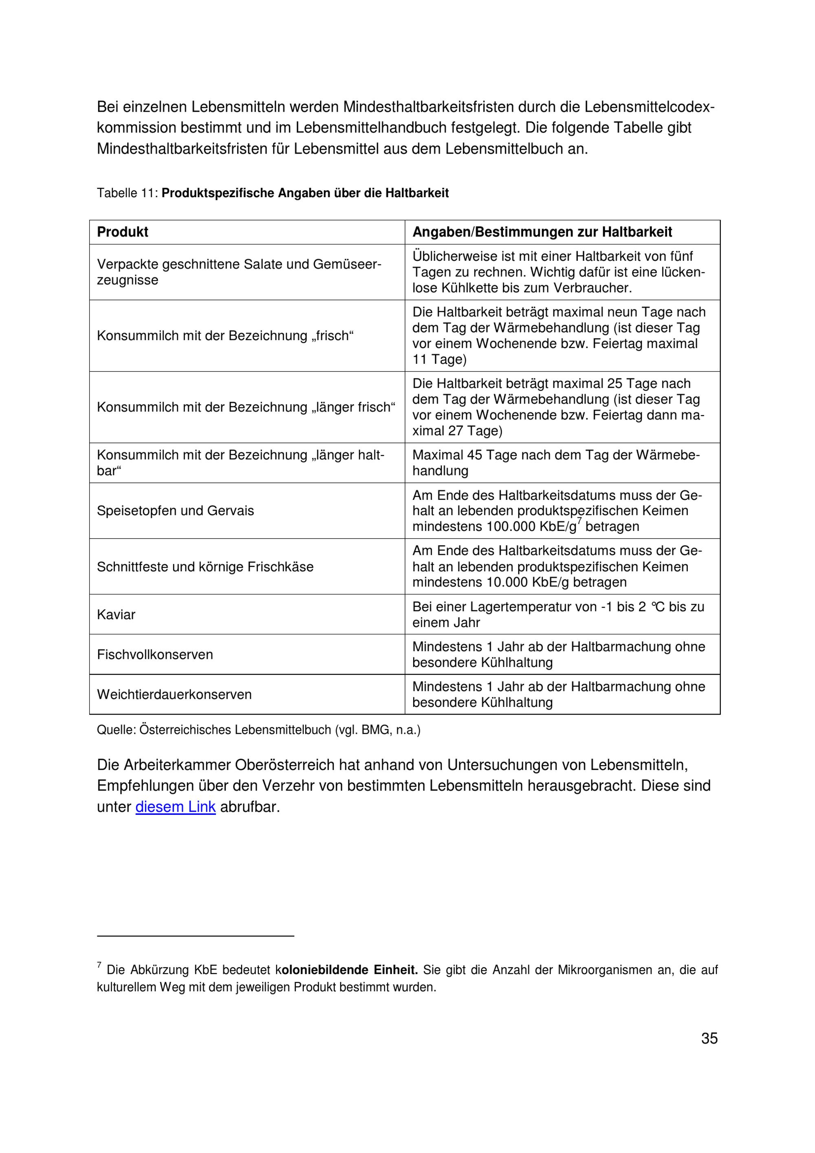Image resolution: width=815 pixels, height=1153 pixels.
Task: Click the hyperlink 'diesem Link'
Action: click(x=175, y=807)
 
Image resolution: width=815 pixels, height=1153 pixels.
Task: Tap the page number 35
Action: click(x=709, y=1038)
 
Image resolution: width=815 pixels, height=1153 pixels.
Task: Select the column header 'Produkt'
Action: click(x=123, y=232)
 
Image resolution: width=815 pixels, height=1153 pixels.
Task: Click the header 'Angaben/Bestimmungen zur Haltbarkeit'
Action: click(x=542, y=232)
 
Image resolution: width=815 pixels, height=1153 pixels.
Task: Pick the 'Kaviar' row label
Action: click(x=116, y=615)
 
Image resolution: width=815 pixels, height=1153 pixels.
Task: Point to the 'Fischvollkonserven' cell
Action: click(x=155, y=654)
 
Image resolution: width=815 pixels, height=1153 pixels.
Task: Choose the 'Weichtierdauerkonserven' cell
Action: click(x=174, y=695)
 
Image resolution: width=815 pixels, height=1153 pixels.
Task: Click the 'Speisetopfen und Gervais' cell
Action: click(x=175, y=511)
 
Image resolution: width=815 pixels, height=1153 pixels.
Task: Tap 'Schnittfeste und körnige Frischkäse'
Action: click(x=205, y=567)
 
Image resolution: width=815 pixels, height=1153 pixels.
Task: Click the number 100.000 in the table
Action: click(x=511, y=527)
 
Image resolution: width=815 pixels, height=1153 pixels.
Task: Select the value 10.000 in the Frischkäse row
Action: click(x=507, y=583)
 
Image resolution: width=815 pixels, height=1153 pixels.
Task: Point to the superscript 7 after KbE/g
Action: click(x=579, y=521)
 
